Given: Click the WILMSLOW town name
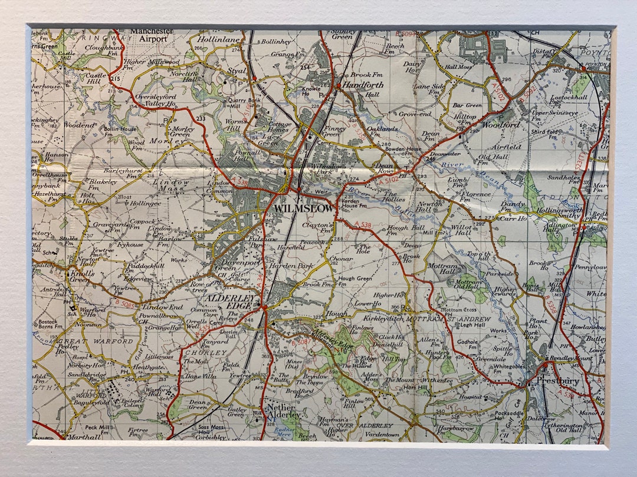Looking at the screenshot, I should [x=302, y=209].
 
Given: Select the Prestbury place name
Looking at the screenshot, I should [x=557, y=381].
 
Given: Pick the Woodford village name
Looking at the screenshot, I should [x=501, y=125].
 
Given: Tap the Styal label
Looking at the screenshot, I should [x=237, y=71].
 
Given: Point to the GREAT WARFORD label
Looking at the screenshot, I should [x=94, y=341].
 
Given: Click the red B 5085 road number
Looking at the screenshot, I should [x=124, y=304].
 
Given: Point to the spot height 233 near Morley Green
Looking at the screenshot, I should [x=201, y=118].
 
